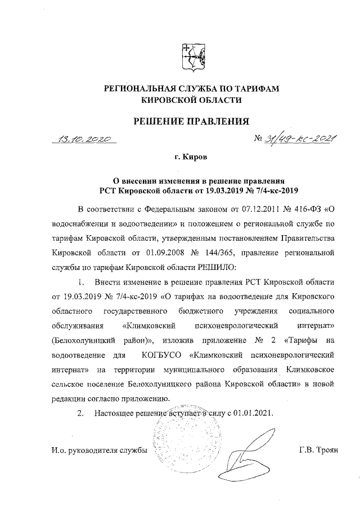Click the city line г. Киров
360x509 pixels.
tap(191, 159)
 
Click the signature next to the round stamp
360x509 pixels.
tap(242, 447)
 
